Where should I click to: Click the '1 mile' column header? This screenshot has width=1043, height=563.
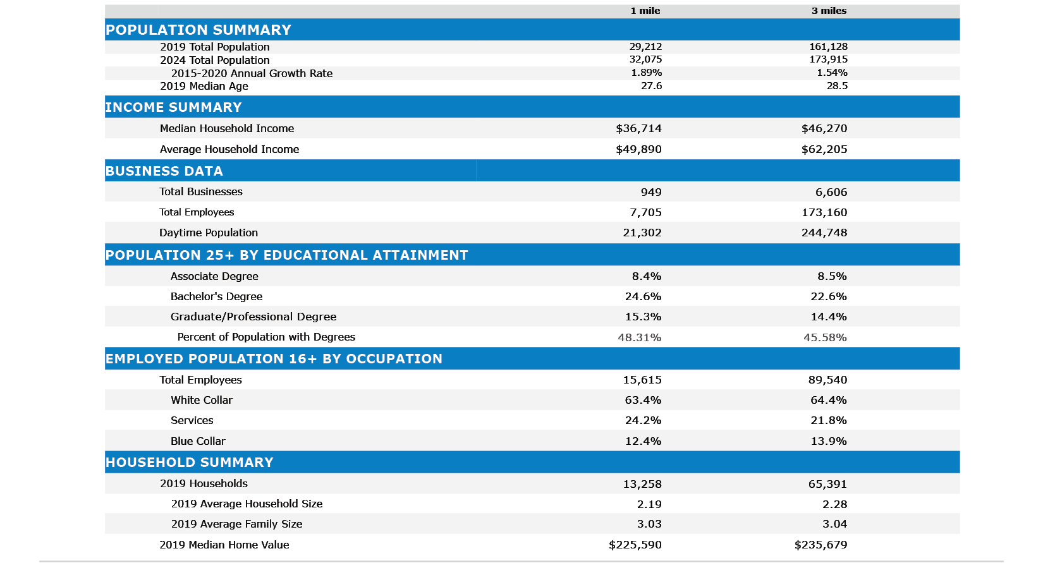[x=645, y=11]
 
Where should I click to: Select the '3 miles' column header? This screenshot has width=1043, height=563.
[x=829, y=11]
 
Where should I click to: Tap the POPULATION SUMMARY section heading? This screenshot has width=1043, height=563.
[x=198, y=30]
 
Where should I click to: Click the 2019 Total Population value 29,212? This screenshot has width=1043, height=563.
[x=645, y=47]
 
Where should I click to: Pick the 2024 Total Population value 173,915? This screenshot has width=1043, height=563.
[x=828, y=59]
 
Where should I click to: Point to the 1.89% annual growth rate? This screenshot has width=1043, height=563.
[x=646, y=73]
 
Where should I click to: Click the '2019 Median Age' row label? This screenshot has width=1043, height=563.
[x=204, y=86]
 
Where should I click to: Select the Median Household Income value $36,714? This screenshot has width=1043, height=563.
[x=638, y=128]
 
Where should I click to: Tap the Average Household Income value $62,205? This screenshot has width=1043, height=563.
[x=824, y=149]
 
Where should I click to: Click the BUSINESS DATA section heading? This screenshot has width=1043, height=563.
[x=164, y=171]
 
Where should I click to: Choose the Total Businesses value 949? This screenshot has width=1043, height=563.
[x=650, y=192]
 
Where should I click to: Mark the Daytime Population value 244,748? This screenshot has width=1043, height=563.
[x=824, y=233]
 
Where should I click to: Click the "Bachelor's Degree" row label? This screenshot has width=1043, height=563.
[x=216, y=296]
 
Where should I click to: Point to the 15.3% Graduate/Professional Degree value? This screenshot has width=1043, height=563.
[x=643, y=317]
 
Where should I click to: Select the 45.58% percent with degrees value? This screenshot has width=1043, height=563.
[x=825, y=337]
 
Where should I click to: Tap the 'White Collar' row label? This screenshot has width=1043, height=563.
[x=202, y=400]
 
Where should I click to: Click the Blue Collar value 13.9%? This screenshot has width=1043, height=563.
[x=829, y=441]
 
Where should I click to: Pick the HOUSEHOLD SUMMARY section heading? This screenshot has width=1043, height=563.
[x=190, y=463]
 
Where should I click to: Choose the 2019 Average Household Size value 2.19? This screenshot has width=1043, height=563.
[x=649, y=504]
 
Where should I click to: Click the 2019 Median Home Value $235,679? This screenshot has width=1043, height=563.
[x=820, y=545]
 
